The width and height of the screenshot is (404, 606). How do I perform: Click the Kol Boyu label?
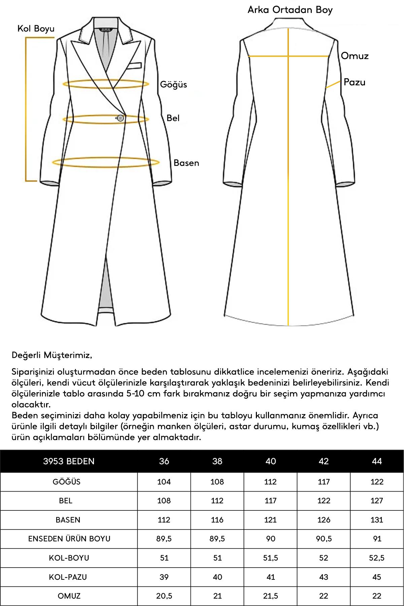point(36,29)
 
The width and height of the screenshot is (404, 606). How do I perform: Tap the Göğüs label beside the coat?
point(173,85)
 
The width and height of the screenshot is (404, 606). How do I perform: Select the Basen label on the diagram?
point(186,163)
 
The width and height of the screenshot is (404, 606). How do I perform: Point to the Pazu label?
point(354,82)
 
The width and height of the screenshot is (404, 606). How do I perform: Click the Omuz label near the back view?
point(355,56)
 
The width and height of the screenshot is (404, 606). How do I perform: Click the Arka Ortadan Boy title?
point(290,10)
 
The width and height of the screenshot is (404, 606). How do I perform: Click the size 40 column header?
point(271,461)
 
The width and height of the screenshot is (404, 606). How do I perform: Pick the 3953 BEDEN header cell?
point(69,461)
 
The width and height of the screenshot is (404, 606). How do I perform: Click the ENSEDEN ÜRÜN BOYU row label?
point(69,539)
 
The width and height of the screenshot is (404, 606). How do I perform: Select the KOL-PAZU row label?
point(68,577)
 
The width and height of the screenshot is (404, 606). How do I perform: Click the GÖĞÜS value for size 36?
point(164,482)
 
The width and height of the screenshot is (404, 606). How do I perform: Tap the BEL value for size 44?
point(377,501)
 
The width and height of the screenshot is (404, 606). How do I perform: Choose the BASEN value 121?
point(270,520)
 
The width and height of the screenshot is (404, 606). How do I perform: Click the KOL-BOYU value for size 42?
point(324,558)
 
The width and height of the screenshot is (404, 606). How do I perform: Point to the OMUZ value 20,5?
point(164,596)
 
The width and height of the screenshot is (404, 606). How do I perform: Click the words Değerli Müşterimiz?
point(52,355)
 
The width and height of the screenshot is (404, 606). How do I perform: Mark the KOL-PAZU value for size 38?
point(217,577)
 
